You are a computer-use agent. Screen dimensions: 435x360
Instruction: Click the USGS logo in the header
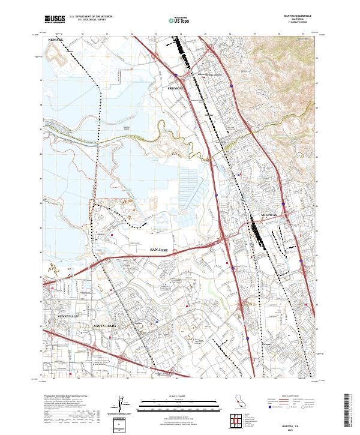(x=55, y=19)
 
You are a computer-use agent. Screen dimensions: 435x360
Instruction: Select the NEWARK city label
(x=56, y=40)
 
